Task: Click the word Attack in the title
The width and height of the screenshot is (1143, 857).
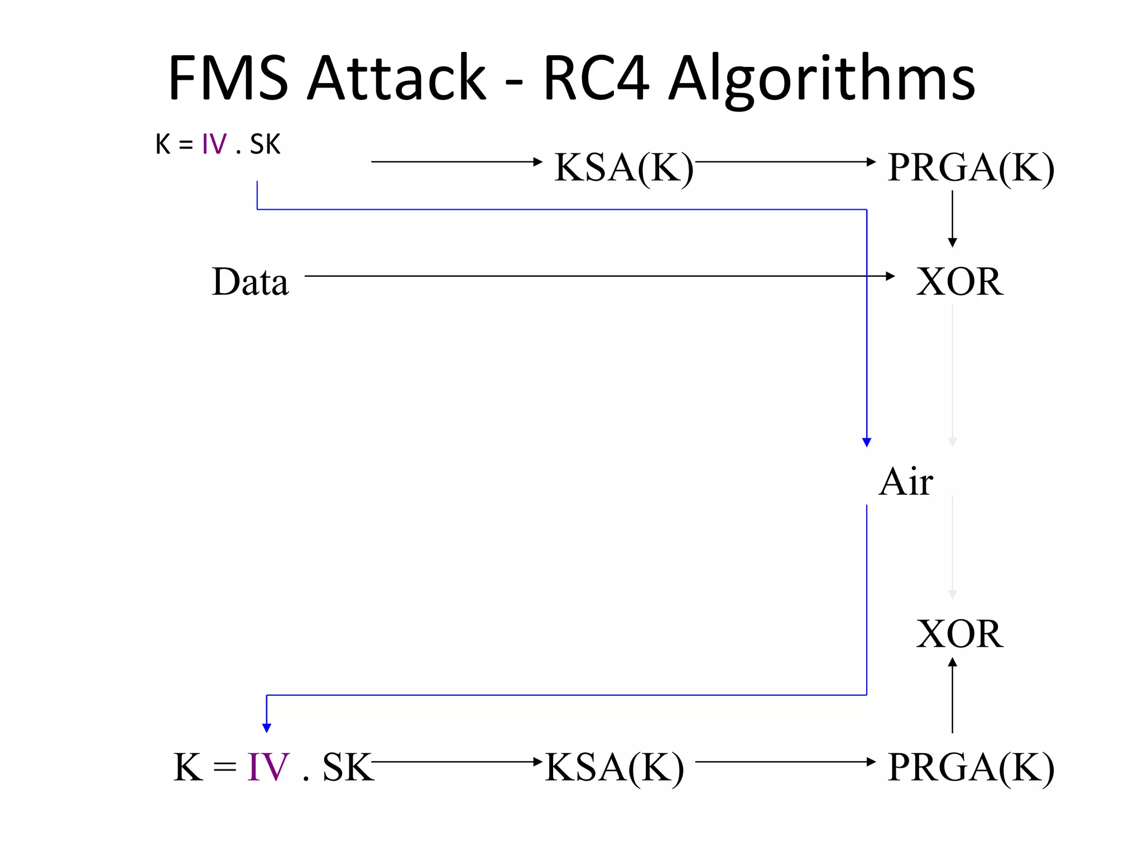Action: pyautogui.click(x=397, y=78)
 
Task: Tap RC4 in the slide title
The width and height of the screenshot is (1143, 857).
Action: pyautogui.click(x=596, y=78)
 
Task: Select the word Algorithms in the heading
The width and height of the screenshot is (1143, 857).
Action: pyautogui.click(x=822, y=81)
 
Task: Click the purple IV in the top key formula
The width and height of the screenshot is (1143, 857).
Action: pyautogui.click(x=214, y=145)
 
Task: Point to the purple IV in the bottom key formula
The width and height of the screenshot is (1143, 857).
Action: pyautogui.click(x=268, y=767)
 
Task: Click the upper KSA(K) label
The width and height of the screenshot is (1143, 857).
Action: pyautogui.click(x=623, y=167)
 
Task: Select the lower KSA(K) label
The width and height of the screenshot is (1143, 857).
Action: pyautogui.click(x=614, y=767)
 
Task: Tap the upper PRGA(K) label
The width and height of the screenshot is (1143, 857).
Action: pyautogui.click(x=971, y=167)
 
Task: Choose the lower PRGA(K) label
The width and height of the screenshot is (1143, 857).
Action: pyautogui.click(x=971, y=767)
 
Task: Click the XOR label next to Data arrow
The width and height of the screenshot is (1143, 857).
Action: pyautogui.click(x=959, y=282)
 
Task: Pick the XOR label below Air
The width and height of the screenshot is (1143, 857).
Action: pyautogui.click(x=959, y=634)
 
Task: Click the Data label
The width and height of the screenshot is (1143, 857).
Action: pyautogui.click(x=250, y=282)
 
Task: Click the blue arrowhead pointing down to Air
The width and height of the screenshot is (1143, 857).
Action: pyautogui.click(x=866, y=442)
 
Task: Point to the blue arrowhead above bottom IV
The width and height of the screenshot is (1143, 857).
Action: pyautogui.click(x=267, y=728)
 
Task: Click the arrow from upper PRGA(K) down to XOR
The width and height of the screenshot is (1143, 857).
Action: pyautogui.click(x=952, y=218)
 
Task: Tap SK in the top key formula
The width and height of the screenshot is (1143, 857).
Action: pyautogui.click(x=265, y=145)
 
